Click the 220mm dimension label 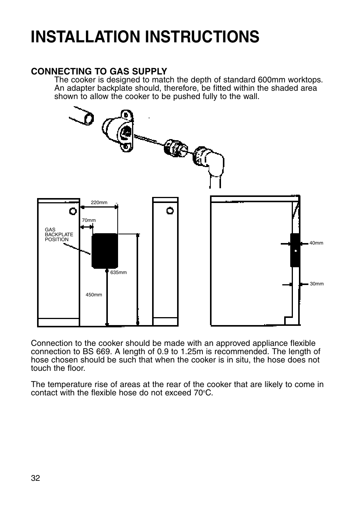99,203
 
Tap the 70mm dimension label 89,220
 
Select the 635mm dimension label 118,273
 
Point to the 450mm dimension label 94,295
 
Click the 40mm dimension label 316,243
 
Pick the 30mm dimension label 317,284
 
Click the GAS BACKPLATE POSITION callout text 59,235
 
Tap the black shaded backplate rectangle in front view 105,251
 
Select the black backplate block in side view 295,250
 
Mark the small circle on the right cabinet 170,210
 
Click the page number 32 35,478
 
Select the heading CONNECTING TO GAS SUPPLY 99,71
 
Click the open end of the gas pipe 89,118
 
